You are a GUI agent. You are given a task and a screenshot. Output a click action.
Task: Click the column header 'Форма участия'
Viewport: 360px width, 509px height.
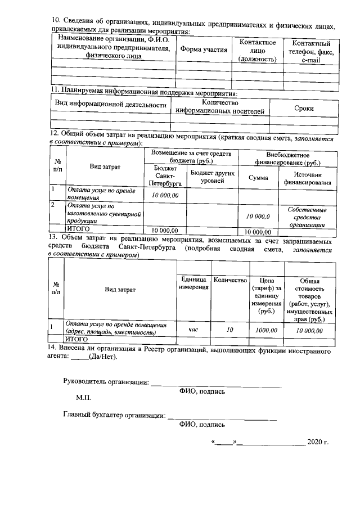(x=204, y=50)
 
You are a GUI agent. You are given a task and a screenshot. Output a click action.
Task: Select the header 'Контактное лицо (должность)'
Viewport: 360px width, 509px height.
(x=257, y=51)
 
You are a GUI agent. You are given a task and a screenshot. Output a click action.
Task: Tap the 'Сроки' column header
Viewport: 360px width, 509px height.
(x=304, y=109)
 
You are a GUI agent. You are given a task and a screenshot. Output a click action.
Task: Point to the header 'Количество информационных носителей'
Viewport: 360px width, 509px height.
(x=220, y=107)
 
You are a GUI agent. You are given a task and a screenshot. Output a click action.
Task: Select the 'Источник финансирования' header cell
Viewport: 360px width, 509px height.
(x=307, y=178)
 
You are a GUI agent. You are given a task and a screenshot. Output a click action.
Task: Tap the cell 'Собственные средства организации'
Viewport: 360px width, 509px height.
(x=307, y=217)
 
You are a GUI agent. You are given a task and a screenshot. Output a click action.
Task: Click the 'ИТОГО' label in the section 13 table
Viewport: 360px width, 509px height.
(x=78, y=340)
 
